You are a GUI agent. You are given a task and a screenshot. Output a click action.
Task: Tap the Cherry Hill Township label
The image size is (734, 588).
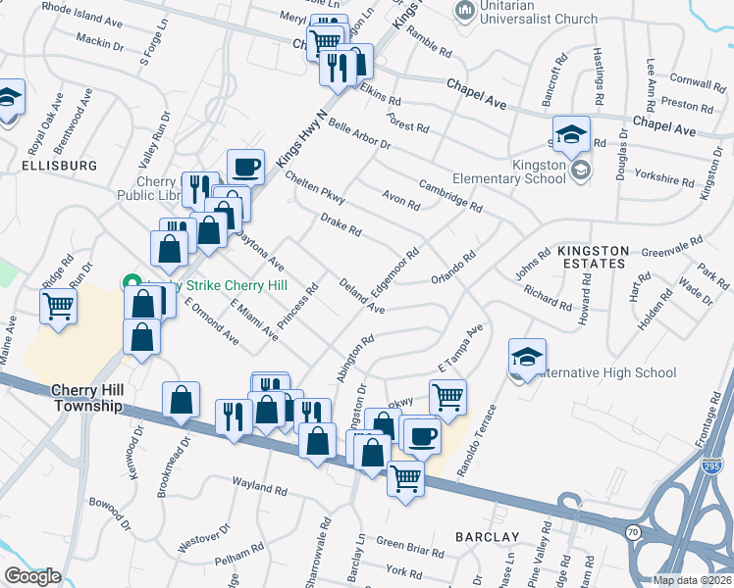coord(87,398)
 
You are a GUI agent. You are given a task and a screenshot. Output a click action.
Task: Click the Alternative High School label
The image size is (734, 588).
coord(607,372)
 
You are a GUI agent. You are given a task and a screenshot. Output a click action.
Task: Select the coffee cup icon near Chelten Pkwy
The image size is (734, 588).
coord(245,167)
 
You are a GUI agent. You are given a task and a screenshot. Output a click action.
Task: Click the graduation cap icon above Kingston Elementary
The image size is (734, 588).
coord(571,134)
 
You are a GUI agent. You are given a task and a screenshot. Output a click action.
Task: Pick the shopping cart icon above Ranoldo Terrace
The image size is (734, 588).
coord(447,397)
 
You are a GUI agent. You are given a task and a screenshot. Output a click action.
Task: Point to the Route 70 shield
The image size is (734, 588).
coord(633,530)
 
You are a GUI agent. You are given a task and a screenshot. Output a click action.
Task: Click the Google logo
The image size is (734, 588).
coord(32,576)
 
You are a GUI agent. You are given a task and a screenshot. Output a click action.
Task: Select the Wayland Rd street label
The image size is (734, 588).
coord(259,484)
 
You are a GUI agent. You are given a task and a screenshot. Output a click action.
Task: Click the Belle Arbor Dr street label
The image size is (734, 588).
coord(360,134)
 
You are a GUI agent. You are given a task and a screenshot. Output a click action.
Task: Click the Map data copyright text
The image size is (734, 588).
coord(693,580)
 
